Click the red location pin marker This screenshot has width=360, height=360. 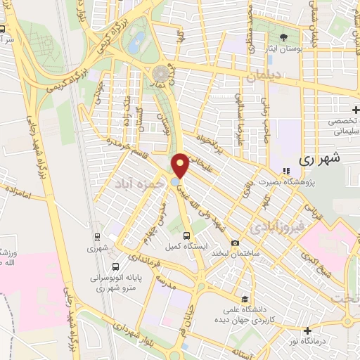[x=181, y=165]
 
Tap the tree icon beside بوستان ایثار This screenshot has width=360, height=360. [x=285, y=37]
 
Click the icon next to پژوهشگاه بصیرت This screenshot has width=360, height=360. [x=285, y=171]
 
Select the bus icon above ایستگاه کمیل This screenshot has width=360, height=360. [x=186, y=236]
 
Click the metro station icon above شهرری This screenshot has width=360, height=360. [x=95, y=237]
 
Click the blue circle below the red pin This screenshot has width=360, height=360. [x=174, y=183]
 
